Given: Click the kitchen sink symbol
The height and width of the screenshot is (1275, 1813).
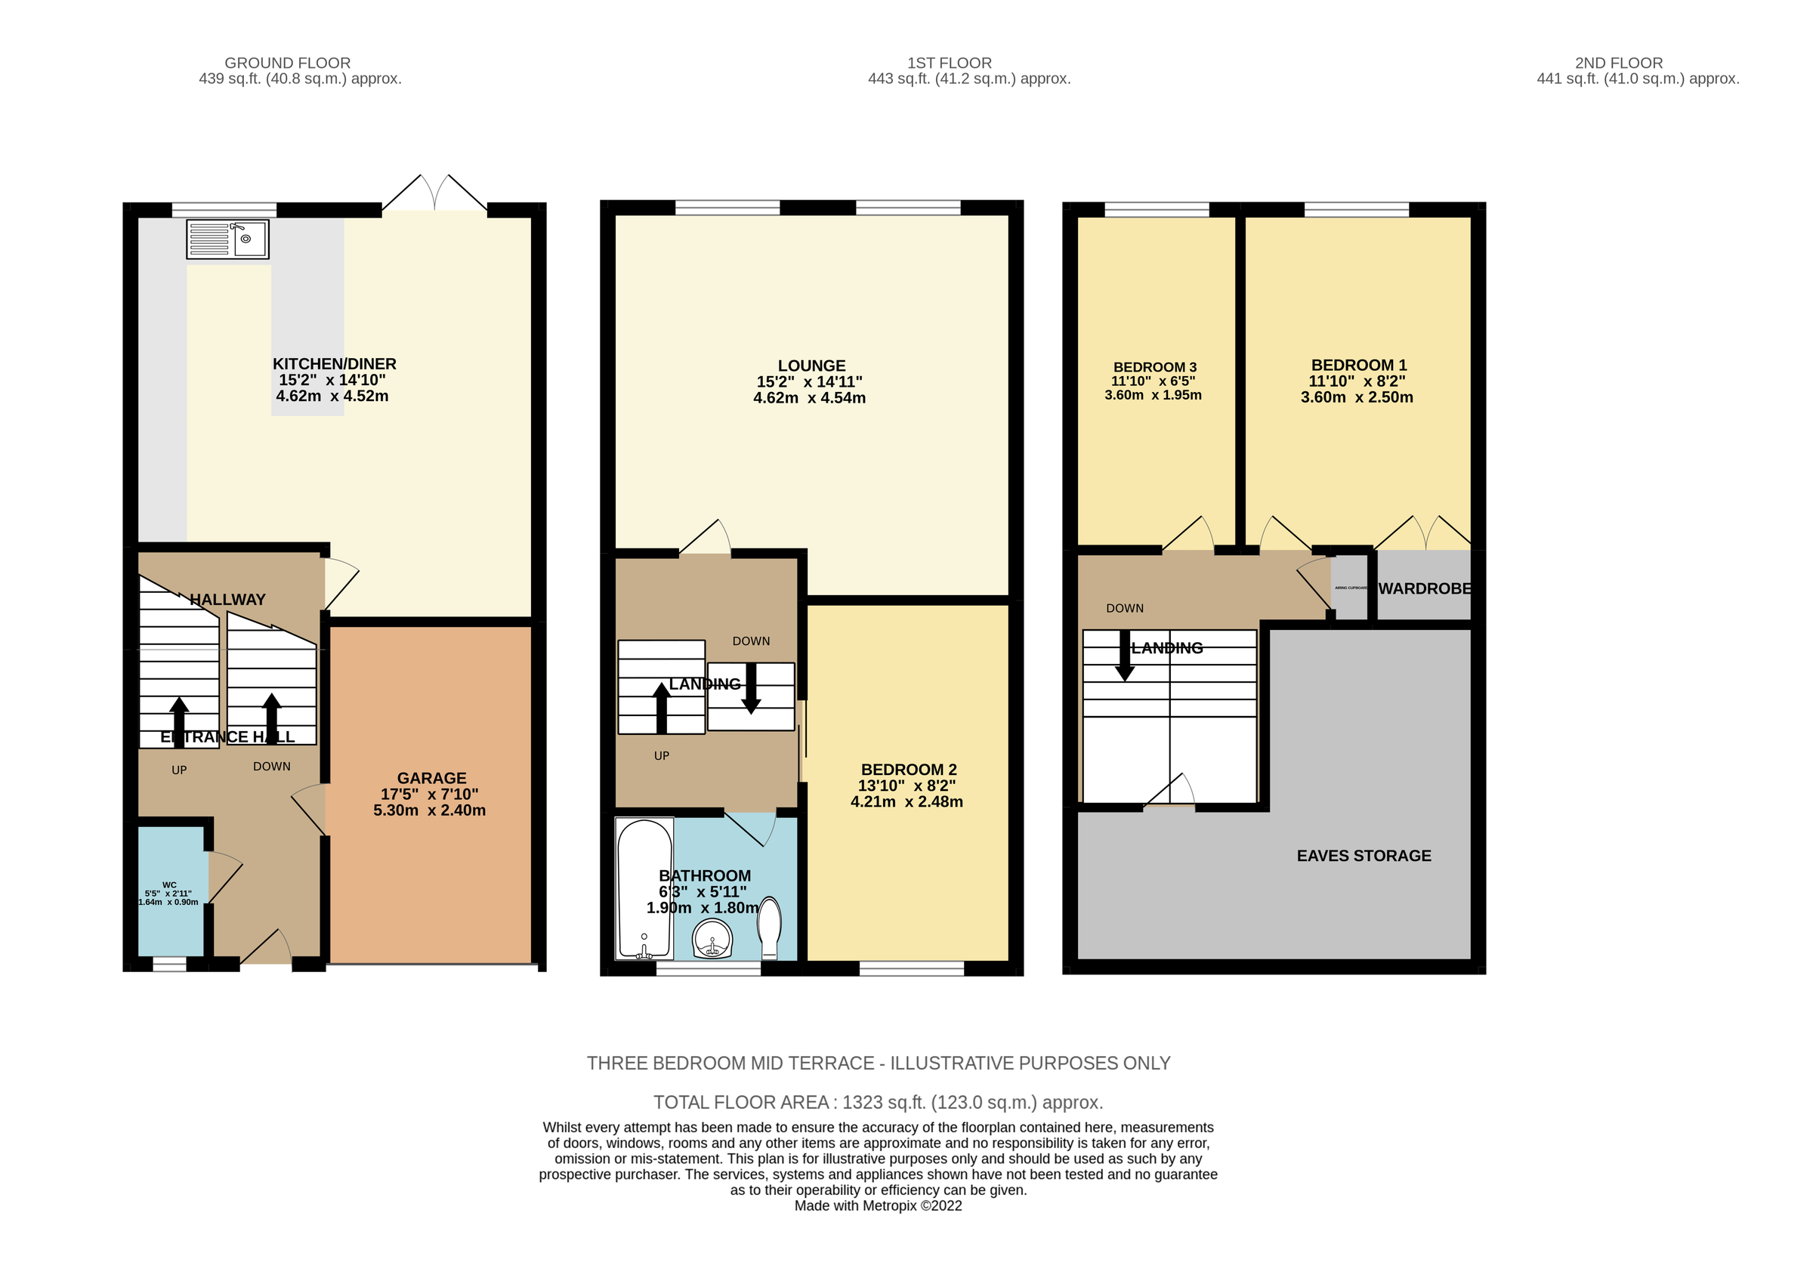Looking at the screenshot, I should click(x=227, y=239).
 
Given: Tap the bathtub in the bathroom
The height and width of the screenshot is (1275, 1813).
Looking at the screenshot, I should click(x=644, y=888).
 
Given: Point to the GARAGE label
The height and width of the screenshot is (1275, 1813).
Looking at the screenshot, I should click(x=431, y=779).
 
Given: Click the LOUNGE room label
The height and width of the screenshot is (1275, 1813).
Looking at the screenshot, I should click(x=811, y=366).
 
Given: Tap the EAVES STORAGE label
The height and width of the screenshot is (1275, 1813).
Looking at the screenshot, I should click(x=1364, y=856).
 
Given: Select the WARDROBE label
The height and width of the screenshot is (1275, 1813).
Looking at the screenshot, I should click(x=1425, y=589).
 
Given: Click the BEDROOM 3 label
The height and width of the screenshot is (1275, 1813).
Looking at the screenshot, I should click(x=1154, y=367).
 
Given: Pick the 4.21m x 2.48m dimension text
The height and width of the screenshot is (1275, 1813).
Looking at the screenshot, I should click(x=906, y=802).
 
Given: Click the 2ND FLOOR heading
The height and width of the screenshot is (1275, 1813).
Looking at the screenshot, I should click(x=1619, y=63).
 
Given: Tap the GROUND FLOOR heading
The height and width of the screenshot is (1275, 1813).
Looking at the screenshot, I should click(x=287, y=63).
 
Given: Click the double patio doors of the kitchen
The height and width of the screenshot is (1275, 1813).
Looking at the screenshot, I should click(x=434, y=193).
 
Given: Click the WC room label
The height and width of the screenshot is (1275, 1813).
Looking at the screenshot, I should click(x=169, y=885).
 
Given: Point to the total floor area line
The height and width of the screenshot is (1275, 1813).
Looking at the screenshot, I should click(x=878, y=1102).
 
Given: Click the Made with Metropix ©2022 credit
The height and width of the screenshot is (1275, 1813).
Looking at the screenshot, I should click(x=878, y=1206).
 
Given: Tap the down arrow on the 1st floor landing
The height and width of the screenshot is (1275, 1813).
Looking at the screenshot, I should click(x=751, y=688).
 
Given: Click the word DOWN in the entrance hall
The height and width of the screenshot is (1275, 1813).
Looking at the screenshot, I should click(x=272, y=767).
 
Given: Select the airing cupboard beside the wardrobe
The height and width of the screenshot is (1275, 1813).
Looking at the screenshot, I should click(x=1350, y=588).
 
